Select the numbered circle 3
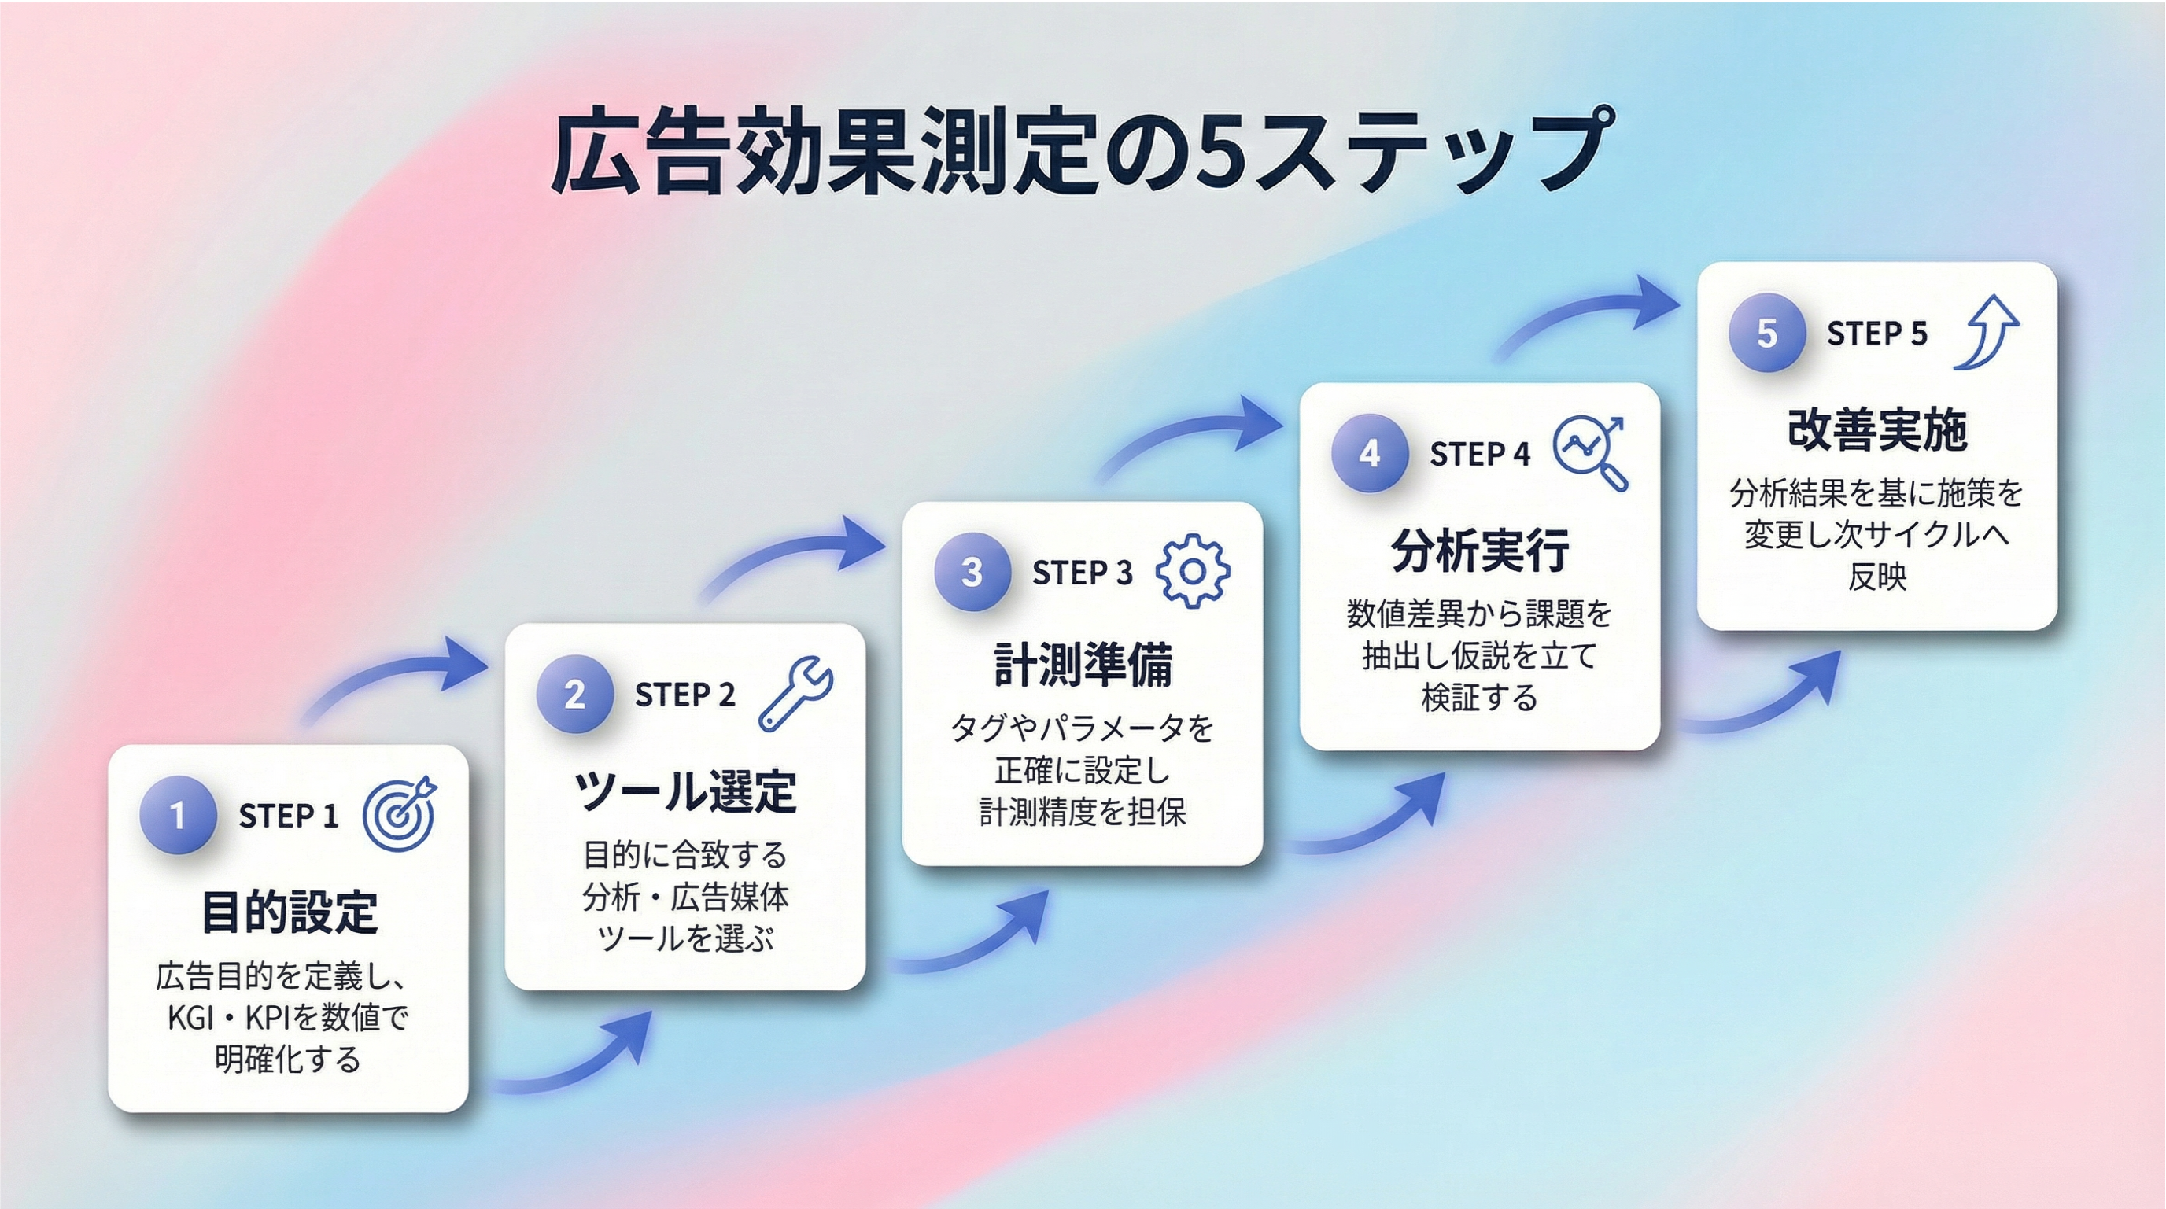coord(972,572)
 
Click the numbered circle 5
coord(1767,333)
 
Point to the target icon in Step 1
coord(400,813)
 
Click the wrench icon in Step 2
coord(795,693)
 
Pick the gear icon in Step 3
coord(1192,571)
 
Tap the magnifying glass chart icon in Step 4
coord(1590,453)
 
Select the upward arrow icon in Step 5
coord(1987,332)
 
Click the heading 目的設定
coord(290,912)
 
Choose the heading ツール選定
coord(685,791)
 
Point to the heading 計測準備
coord(1083,664)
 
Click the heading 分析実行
coord(1480,550)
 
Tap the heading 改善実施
coord(1877,429)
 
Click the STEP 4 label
coord(1480,454)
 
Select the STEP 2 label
coord(684,695)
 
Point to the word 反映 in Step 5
coord(1877,577)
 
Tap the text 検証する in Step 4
coord(1480,698)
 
